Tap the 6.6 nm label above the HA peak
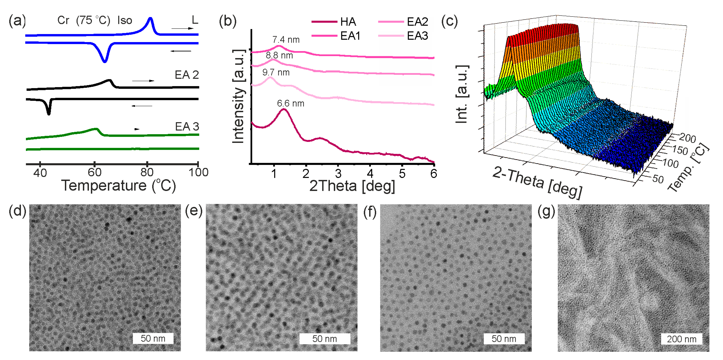coord(291,103)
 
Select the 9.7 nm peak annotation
coord(276,72)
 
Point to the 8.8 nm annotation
coord(279,55)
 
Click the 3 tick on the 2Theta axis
coord(338,174)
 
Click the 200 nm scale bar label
coord(681,339)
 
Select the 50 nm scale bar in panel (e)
coord(325,339)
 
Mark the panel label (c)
coord(449,21)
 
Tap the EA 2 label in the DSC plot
coord(187,75)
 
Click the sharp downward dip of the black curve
coord(49,112)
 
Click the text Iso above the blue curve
coord(125,20)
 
